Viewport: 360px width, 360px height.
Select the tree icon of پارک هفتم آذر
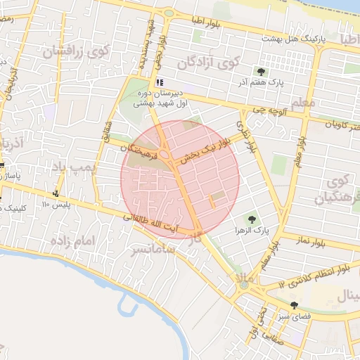[x=262, y=71]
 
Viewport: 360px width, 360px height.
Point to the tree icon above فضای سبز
[x=294, y=305]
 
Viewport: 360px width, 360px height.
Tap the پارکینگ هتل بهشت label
[x=297, y=39]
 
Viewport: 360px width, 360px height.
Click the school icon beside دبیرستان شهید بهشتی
[x=160, y=82]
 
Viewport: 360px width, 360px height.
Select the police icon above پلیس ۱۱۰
[x=56, y=193]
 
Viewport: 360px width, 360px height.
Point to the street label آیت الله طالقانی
[x=150, y=224]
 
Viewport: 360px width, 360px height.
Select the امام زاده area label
[x=72, y=241]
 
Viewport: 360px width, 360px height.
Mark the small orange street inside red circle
[x=210, y=203]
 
